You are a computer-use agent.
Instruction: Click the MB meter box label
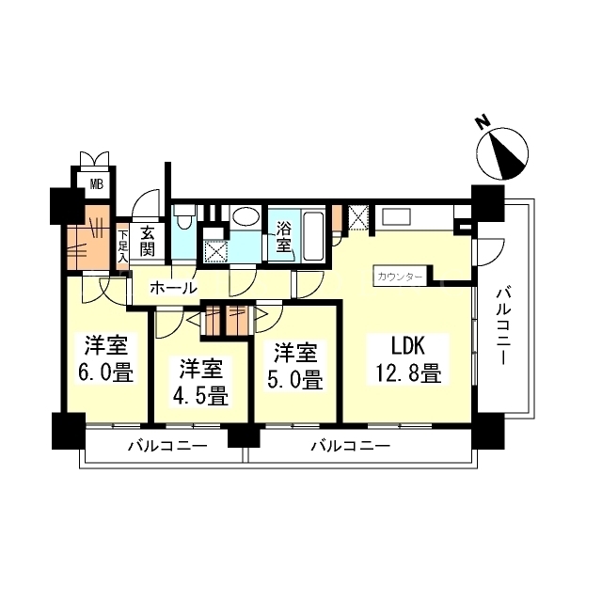coord(97,184)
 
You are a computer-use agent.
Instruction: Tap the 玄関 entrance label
coord(148,242)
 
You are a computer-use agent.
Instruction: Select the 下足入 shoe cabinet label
coord(122,246)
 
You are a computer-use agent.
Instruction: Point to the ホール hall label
coord(173,288)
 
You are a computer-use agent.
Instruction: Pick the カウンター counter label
coord(400,277)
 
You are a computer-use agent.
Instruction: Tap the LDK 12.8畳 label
coord(408,359)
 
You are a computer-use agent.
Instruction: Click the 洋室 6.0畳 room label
coord(105,358)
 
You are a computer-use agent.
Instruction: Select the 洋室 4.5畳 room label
coord(200,382)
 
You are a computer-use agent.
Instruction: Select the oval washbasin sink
coord(246,217)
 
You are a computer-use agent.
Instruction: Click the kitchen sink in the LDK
coord(396,217)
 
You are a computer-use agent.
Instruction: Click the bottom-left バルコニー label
coord(167,446)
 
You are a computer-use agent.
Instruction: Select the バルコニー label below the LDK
coord(351,446)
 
